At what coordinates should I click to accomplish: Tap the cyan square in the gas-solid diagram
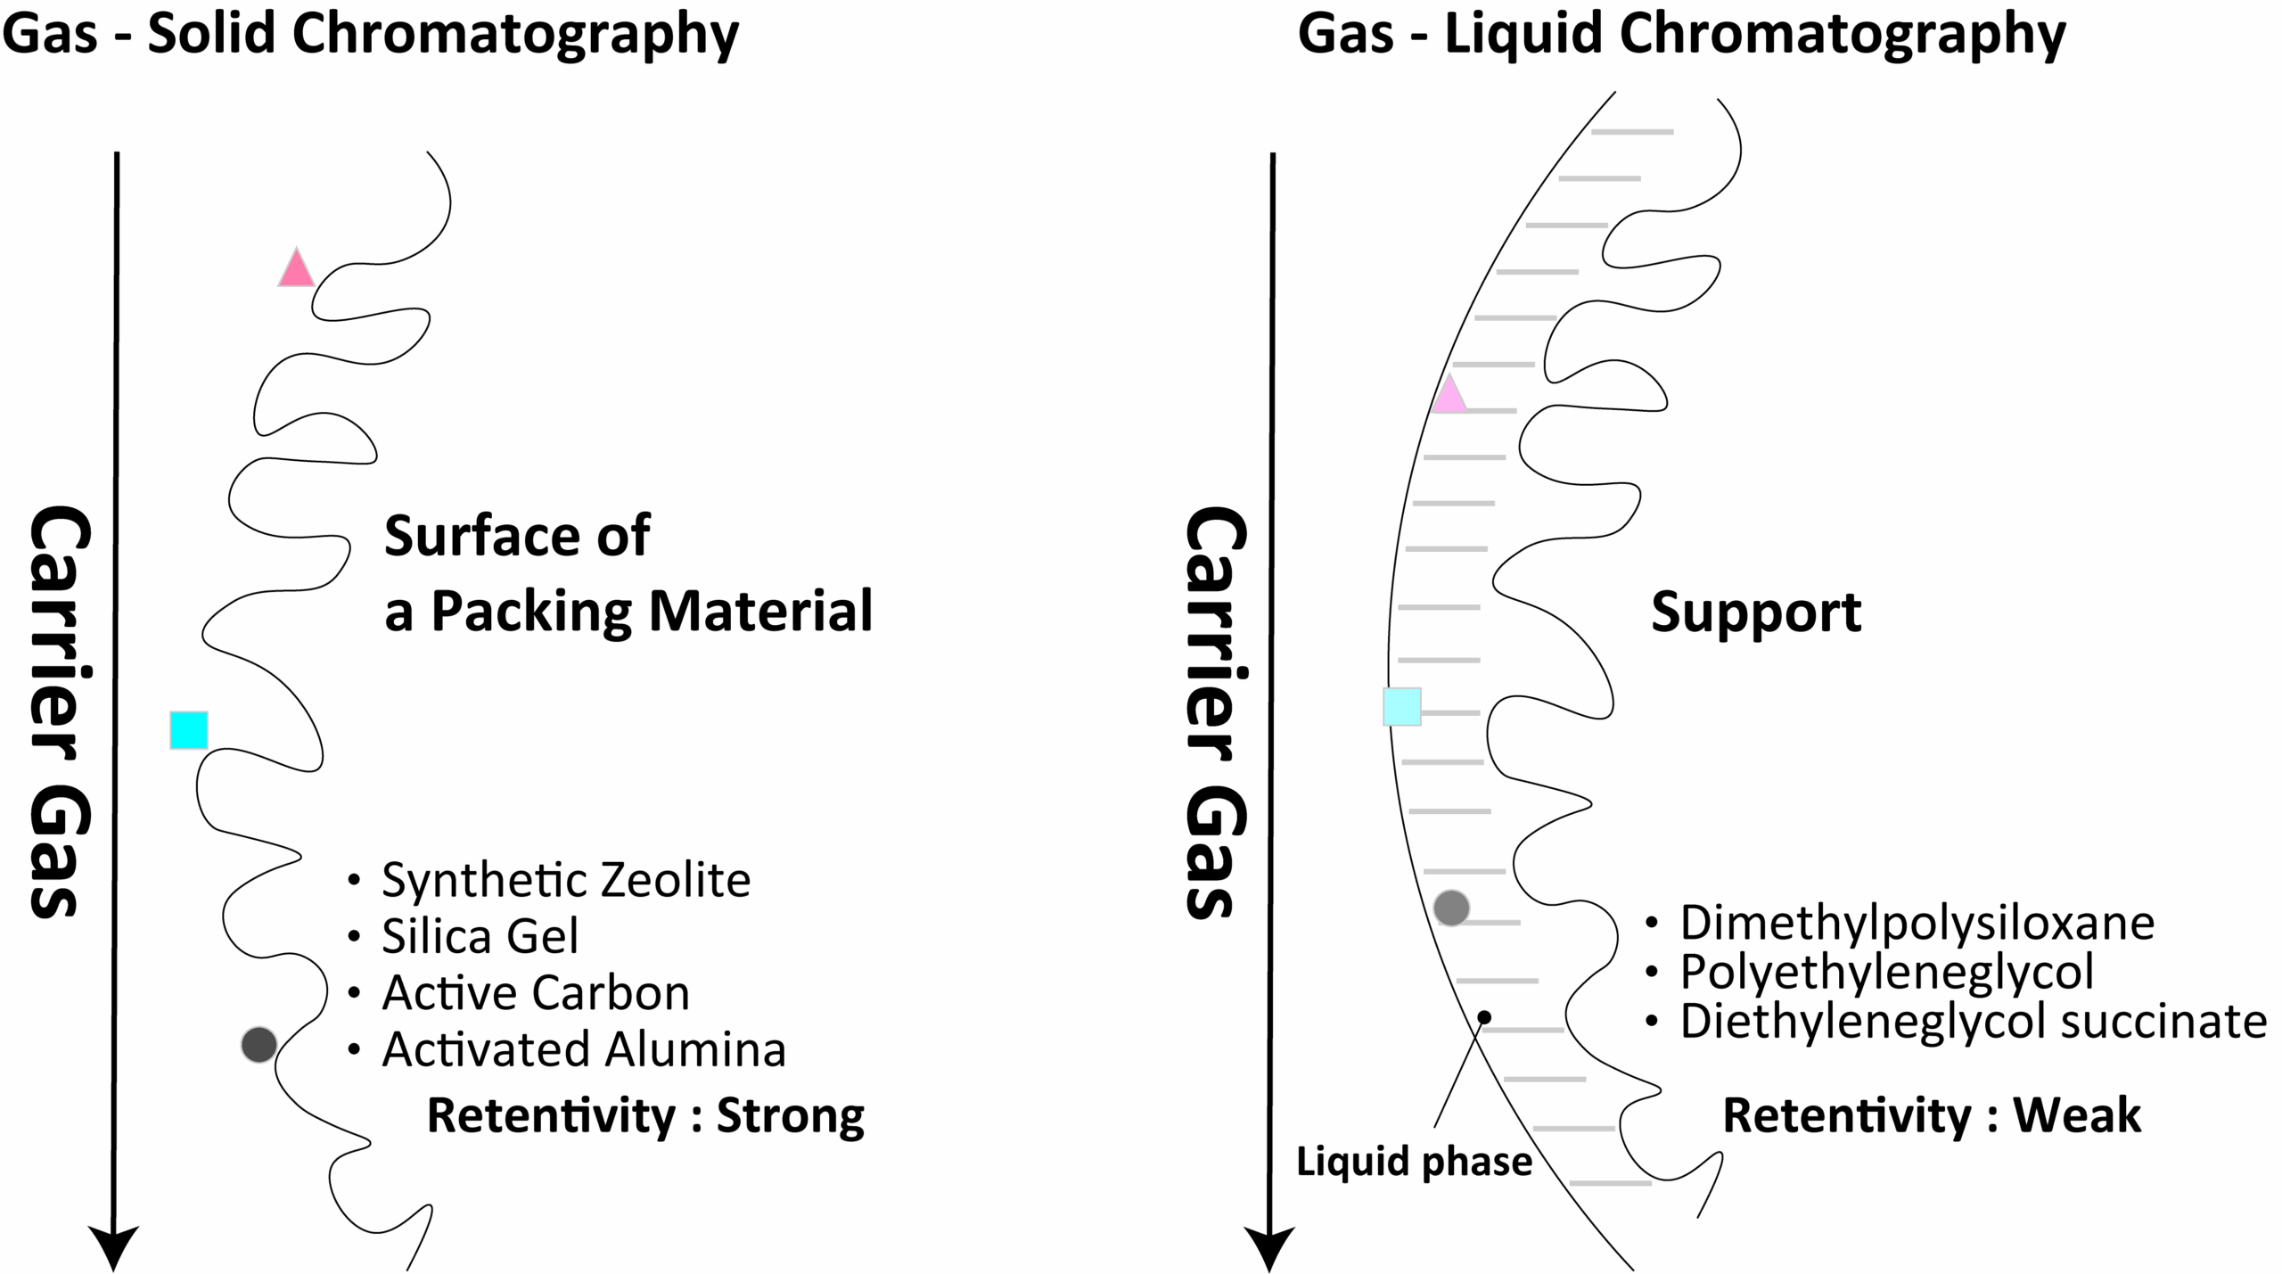tap(189, 730)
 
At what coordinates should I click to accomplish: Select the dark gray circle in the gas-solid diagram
tap(259, 1044)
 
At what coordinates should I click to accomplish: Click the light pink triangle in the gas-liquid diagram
tap(1449, 396)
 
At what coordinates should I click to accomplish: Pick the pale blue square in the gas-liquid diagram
tap(1402, 707)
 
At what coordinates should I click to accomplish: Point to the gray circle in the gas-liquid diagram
tap(1451, 908)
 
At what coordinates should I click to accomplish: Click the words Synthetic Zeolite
tap(566, 881)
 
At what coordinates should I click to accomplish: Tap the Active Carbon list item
tap(536, 993)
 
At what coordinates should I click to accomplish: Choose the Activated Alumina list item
tap(584, 1049)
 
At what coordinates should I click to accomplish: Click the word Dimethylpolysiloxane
tap(1917, 923)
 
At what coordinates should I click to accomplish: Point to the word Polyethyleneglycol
tap(1887, 972)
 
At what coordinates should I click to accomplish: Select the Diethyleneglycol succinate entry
tap(1974, 1022)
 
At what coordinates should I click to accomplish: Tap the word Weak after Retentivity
tap(2077, 1115)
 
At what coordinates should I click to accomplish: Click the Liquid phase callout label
tap(1414, 1163)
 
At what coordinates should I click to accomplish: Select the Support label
tap(1756, 613)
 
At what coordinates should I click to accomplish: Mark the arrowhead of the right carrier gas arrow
tap(1269, 1249)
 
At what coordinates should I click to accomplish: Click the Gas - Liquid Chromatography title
tap(1681, 34)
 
